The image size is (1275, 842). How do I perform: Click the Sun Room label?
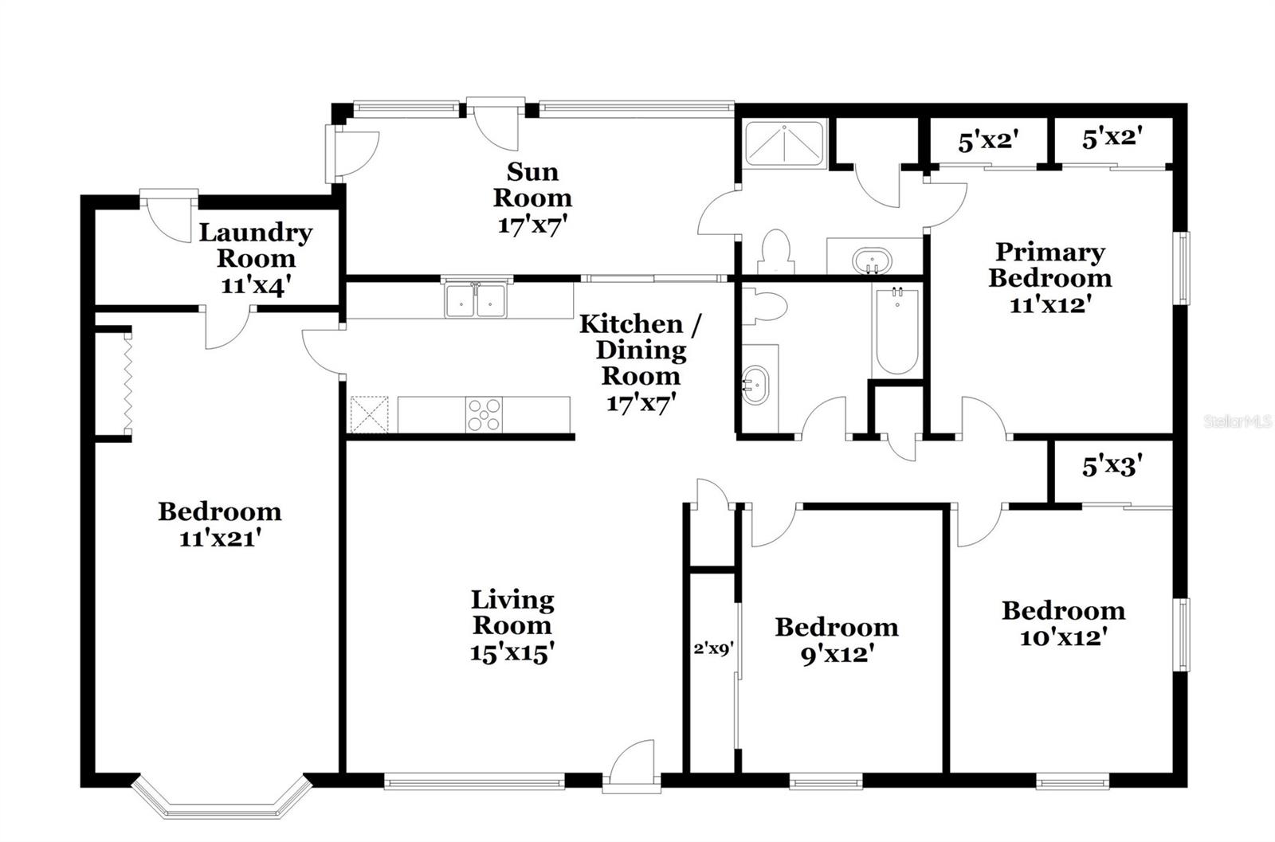click(x=532, y=185)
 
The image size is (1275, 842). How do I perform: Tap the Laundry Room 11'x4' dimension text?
click(x=256, y=285)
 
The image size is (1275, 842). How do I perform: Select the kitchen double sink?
click(x=475, y=300)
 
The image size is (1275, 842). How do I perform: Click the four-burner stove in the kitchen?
click(x=484, y=414)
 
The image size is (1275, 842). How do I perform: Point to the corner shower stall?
click(x=784, y=143)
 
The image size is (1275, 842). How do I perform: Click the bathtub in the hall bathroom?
click(x=896, y=331)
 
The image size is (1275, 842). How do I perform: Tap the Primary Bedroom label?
click(x=1050, y=265)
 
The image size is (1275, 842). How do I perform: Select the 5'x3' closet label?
click(x=1112, y=467)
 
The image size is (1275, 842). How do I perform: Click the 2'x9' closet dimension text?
click(x=714, y=648)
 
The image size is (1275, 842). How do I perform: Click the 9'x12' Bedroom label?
click(x=837, y=640)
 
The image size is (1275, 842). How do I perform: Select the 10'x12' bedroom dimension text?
click(x=1063, y=638)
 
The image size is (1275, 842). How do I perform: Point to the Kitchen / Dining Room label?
click(x=641, y=350)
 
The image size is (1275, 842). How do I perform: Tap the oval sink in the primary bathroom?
click(x=872, y=261)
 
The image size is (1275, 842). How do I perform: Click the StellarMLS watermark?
click(x=1238, y=421)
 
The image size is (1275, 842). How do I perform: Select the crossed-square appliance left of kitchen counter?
click(x=369, y=415)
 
